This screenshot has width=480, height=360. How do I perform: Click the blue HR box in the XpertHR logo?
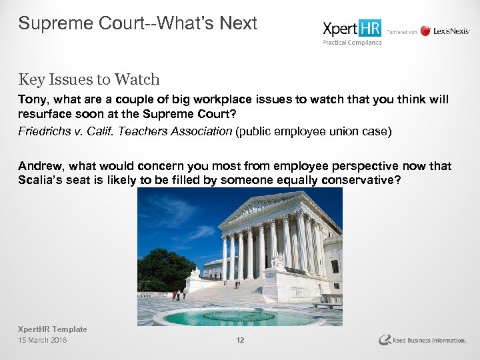pyautogui.click(x=369, y=29)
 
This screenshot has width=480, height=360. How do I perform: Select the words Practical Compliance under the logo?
pyautogui.click(x=352, y=43)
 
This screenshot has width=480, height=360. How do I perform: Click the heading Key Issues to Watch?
pyautogui.click(x=89, y=79)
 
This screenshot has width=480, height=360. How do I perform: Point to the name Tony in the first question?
pyautogui.click(x=31, y=99)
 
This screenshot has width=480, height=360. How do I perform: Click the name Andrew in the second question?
pyautogui.click(x=39, y=166)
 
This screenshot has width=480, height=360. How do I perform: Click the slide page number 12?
pyautogui.click(x=240, y=341)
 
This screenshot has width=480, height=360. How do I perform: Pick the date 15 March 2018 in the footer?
pyautogui.click(x=43, y=341)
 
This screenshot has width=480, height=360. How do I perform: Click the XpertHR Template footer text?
pyautogui.click(x=52, y=329)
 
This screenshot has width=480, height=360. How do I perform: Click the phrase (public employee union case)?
pyautogui.click(x=313, y=131)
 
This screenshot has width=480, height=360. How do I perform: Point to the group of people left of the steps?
pyautogui.click(x=178, y=294)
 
